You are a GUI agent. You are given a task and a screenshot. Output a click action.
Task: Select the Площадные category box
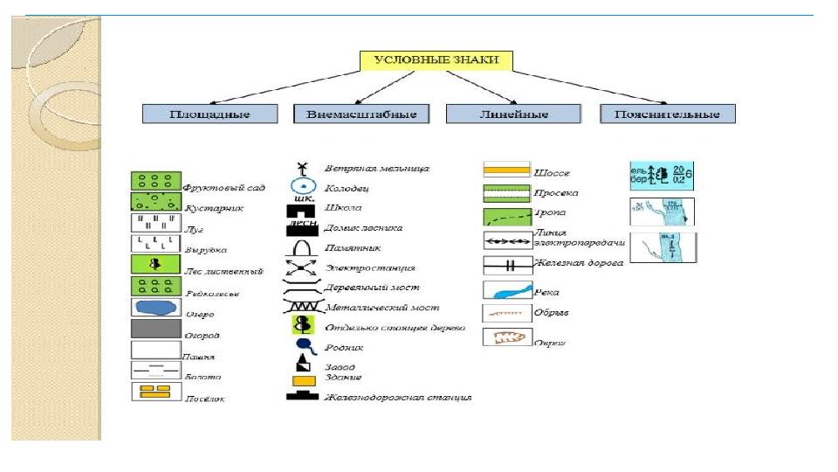pyautogui.click(x=209, y=115)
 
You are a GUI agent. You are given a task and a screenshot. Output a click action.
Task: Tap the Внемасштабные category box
pyautogui.click(x=361, y=115)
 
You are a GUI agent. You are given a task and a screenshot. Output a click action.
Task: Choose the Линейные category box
pyautogui.click(x=513, y=115)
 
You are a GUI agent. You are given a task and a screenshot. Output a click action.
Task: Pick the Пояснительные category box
pyautogui.click(x=667, y=115)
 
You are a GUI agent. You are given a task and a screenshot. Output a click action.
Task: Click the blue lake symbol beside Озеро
pyautogui.click(x=155, y=308)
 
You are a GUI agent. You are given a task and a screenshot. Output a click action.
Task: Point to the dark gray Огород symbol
pyautogui.click(x=155, y=329)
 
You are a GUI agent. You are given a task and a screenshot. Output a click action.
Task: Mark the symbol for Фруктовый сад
pyautogui.click(x=155, y=181)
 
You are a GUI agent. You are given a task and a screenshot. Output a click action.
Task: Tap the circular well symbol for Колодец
pyautogui.click(x=302, y=186)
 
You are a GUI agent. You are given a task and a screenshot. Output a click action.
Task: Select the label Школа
pyautogui.click(x=342, y=208)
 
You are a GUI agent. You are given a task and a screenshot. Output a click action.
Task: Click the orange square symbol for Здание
pyautogui.click(x=303, y=381)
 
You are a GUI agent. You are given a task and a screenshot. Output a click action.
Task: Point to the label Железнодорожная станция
pyautogui.click(x=397, y=398)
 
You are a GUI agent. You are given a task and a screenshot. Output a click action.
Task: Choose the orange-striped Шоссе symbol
pyautogui.click(x=506, y=170)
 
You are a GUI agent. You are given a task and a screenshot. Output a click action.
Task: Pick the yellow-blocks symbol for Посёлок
pyautogui.click(x=155, y=392)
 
